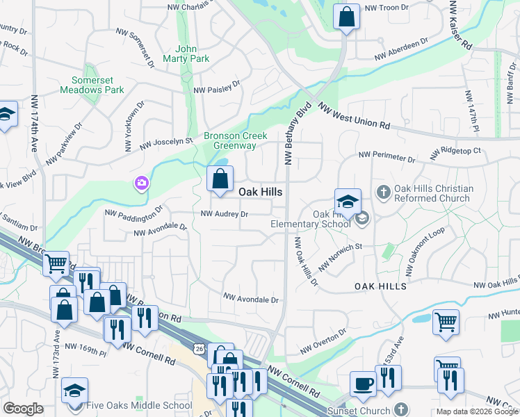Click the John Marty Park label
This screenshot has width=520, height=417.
[192, 54]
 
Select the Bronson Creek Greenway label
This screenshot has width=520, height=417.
[229, 140]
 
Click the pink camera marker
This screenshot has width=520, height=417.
[141, 183]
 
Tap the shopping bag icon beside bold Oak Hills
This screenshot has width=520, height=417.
[220, 179]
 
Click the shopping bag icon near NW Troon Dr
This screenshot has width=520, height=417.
[346, 16]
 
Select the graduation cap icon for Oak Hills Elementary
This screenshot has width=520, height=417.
[348, 202]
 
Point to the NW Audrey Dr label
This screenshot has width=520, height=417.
[225, 214]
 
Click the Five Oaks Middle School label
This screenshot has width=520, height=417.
[141, 405]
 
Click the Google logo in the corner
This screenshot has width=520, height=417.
[24, 409]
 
